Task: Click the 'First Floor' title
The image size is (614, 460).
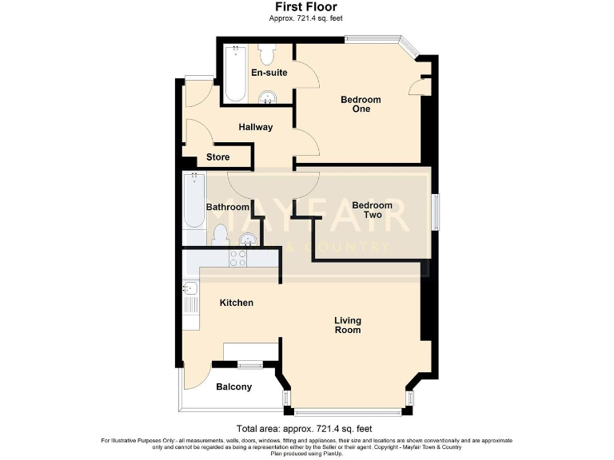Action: click(306, 6)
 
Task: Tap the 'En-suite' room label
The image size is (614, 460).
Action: click(269, 73)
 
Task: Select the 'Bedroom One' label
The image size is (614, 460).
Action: click(361, 104)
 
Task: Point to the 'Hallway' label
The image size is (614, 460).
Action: click(256, 127)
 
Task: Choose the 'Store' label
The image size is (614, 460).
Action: click(217, 157)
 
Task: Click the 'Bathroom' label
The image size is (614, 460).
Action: click(228, 207)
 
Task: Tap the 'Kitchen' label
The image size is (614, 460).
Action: click(237, 303)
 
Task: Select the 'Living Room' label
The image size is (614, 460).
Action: click(347, 325)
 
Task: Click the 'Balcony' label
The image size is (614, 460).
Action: click(233, 387)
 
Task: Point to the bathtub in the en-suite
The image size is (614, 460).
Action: click(235, 73)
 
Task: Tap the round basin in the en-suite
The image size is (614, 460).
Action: click(269, 97)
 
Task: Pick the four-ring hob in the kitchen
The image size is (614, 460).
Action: click(238, 257)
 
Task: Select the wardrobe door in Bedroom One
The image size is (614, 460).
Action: click(415, 86)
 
